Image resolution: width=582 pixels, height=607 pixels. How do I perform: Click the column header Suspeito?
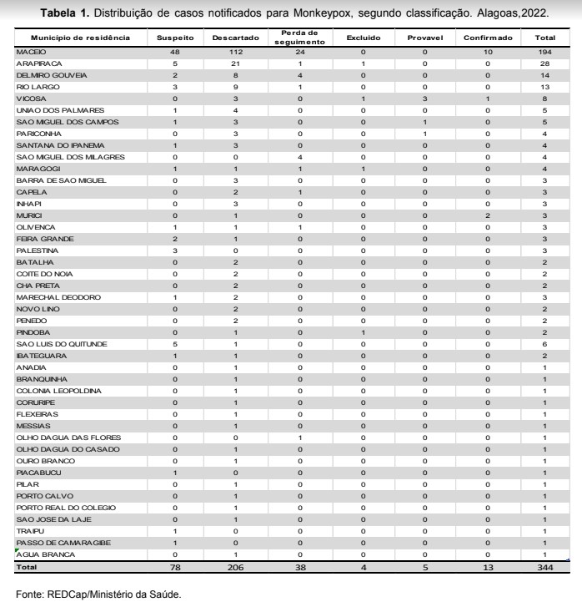175,38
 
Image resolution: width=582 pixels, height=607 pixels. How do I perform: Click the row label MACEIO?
30,52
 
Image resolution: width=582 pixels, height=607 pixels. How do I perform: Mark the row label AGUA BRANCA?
42,554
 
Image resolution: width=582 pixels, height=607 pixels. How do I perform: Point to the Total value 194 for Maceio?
544,52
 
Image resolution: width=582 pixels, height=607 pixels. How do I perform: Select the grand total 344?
544,568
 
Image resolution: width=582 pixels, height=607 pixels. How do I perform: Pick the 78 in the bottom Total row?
175,568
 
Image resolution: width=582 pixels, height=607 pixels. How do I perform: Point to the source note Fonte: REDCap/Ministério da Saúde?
98,595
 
